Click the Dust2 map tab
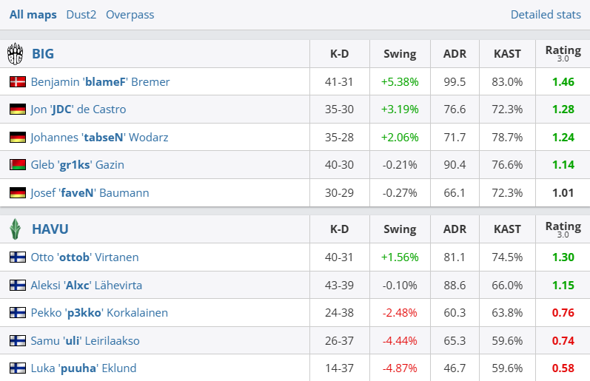81,15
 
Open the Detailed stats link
546,15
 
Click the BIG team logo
16,54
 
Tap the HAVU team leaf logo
16,229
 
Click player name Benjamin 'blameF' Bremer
100,82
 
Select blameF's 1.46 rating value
563,82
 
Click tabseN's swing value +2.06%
400,138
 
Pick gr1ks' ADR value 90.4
455,165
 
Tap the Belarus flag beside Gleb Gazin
18,165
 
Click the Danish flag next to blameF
18,82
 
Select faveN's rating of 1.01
563,193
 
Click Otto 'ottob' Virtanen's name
84,257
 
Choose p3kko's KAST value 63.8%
508,313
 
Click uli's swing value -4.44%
400,341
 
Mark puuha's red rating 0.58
563,368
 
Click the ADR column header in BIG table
455,54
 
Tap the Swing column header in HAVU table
400,229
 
